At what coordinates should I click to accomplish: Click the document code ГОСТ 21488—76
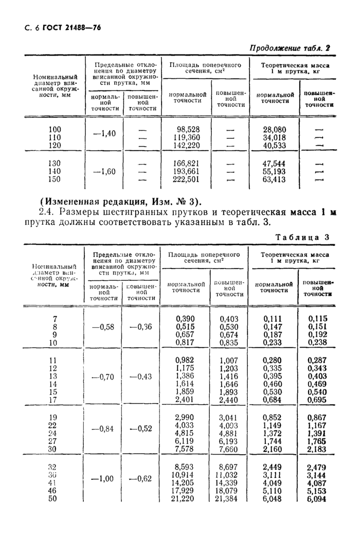coord(72,28)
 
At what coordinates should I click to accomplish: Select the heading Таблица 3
coord(303,237)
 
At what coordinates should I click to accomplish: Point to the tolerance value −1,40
coord(104,134)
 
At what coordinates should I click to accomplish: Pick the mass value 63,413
coord(275,180)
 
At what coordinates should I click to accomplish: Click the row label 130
coord(53,163)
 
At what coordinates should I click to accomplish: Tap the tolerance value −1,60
coord(104,171)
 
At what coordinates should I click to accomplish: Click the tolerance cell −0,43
coord(141,376)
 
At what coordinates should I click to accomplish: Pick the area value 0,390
coord(185,318)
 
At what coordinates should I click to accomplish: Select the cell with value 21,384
coord(228,498)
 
